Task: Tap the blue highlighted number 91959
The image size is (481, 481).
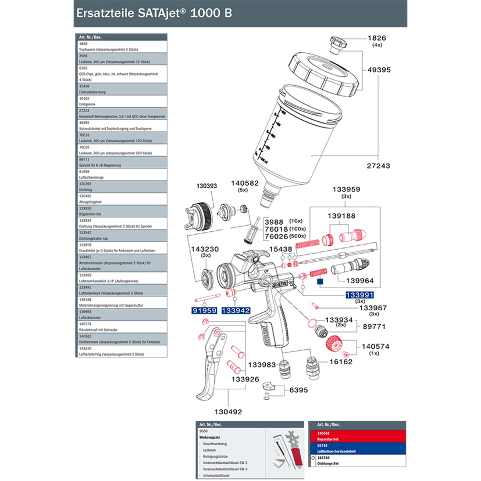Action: (204, 311)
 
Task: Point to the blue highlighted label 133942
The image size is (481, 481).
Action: (236, 311)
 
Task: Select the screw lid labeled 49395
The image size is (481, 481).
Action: (326, 75)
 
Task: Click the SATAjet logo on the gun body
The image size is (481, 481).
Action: (280, 283)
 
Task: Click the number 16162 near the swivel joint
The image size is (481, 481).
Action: (341, 362)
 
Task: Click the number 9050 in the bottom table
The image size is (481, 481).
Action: (203, 431)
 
